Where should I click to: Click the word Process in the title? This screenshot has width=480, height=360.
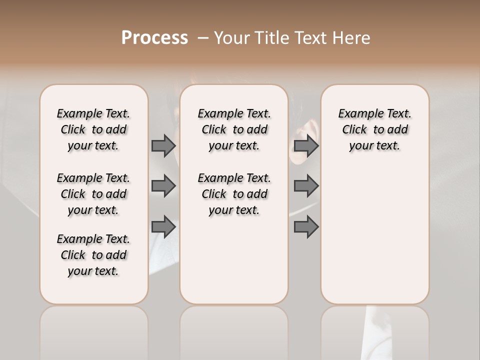click(154, 38)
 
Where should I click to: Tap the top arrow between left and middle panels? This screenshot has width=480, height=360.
click(163, 145)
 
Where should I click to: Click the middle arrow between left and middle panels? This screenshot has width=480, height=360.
click(163, 186)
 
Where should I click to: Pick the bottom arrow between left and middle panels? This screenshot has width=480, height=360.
click(163, 227)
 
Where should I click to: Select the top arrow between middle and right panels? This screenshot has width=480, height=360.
click(306, 145)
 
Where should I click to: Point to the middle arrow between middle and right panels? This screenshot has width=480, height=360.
click(306, 186)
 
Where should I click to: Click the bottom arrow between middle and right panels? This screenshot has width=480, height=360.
click(306, 227)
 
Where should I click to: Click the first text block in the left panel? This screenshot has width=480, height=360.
click(93, 129)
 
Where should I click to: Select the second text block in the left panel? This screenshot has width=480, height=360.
click(93, 194)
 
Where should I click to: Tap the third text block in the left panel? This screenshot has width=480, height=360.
click(93, 255)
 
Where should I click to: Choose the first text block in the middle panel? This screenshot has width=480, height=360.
click(234, 129)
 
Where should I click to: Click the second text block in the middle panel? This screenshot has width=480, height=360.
click(234, 194)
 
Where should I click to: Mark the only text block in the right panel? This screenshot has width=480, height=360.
click(374, 129)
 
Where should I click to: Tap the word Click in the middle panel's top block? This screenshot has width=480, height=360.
click(214, 130)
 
